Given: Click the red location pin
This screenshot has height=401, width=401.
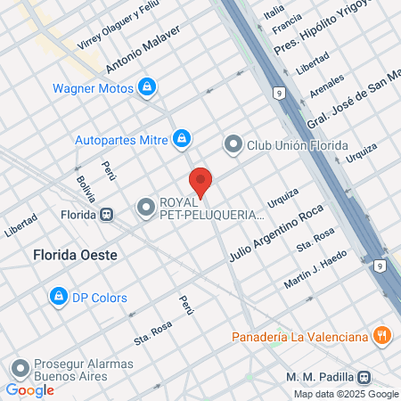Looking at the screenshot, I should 201,180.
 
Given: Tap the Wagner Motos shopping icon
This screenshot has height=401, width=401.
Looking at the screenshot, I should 147,87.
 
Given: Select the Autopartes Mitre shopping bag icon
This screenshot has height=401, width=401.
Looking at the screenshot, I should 182,138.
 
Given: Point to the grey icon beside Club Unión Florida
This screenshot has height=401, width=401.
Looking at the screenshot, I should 233,143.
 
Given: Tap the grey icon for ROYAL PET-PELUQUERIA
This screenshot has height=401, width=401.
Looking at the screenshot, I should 145,208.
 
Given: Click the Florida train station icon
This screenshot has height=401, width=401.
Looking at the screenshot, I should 107,214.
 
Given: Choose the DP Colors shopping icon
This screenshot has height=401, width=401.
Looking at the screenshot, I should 58,297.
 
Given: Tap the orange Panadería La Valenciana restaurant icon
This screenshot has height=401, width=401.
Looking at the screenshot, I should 382,336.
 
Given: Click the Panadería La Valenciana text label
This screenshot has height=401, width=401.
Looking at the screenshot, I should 299,337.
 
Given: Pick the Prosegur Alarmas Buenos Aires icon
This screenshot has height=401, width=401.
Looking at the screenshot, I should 20,369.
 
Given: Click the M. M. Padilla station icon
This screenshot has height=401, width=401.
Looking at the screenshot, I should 364,377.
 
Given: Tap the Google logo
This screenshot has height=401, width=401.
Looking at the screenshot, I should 29,389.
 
